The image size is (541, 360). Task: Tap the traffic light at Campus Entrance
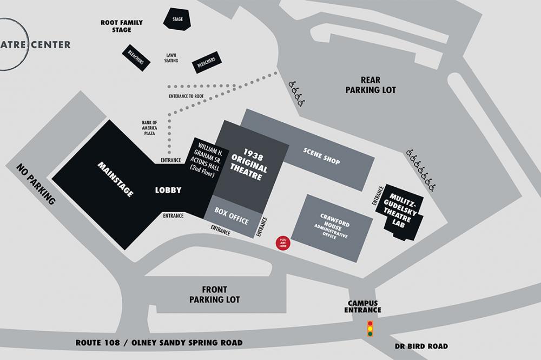(370, 329)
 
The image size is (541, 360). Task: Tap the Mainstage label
(115, 179)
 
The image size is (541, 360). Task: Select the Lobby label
(168, 190)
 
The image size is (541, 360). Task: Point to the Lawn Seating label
(171, 58)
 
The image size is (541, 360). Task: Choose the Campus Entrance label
(364, 306)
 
